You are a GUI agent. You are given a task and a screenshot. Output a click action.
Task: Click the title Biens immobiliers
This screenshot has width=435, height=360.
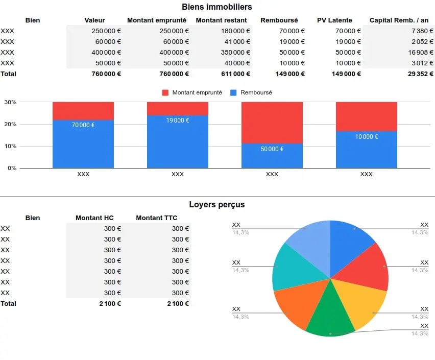(x=217, y=7)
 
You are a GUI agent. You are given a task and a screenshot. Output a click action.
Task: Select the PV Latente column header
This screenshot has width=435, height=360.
(x=334, y=20)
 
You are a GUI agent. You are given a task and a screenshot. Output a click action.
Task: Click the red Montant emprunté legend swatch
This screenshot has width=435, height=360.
(x=165, y=93)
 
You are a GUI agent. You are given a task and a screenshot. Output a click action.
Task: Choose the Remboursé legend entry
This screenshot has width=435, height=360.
(x=256, y=93)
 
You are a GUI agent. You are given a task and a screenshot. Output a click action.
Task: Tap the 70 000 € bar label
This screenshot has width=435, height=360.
(x=83, y=125)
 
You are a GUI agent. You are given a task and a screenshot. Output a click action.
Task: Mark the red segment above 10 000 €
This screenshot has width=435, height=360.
(x=366, y=116)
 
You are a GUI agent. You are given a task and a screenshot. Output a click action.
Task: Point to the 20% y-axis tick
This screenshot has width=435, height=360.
(x=10, y=124)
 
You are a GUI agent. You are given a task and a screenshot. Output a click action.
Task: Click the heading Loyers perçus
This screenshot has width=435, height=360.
(x=217, y=205)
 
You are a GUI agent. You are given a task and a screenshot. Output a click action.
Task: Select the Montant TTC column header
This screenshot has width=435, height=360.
(x=156, y=218)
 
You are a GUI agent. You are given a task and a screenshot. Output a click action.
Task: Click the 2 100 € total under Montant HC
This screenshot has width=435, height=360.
(x=110, y=303)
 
